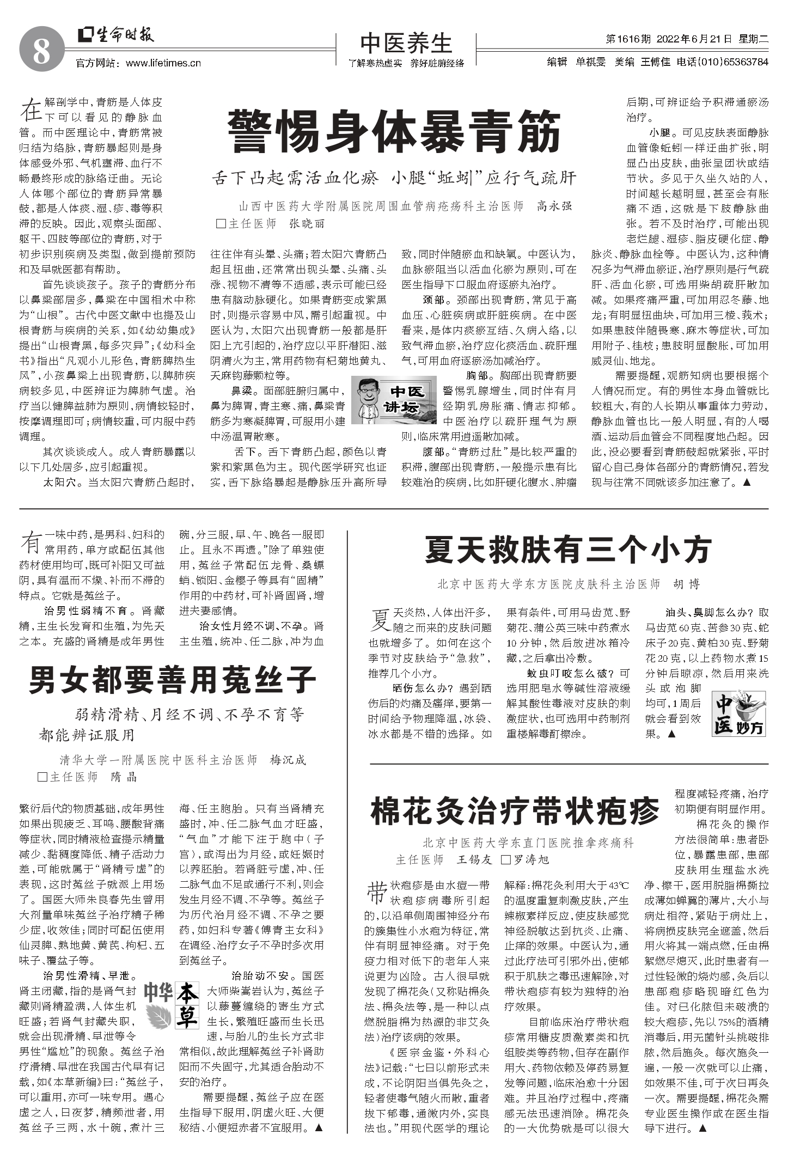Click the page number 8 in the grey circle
pyautogui.click(x=42, y=53)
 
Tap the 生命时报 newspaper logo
pyautogui.click(x=116, y=35)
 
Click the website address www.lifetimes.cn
pyautogui.click(x=163, y=63)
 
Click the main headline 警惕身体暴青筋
pyautogui.click(x=394, y=132)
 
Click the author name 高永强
pyautogui.click(x=554, y=206)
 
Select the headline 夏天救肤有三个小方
pyautogui.click(x=567, y=550)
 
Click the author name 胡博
pyautogui.click(x=686, y=584)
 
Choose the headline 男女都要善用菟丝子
pyautogui.click(x=172, y=679)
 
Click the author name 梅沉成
pyautogui.click(x=288, y=760)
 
